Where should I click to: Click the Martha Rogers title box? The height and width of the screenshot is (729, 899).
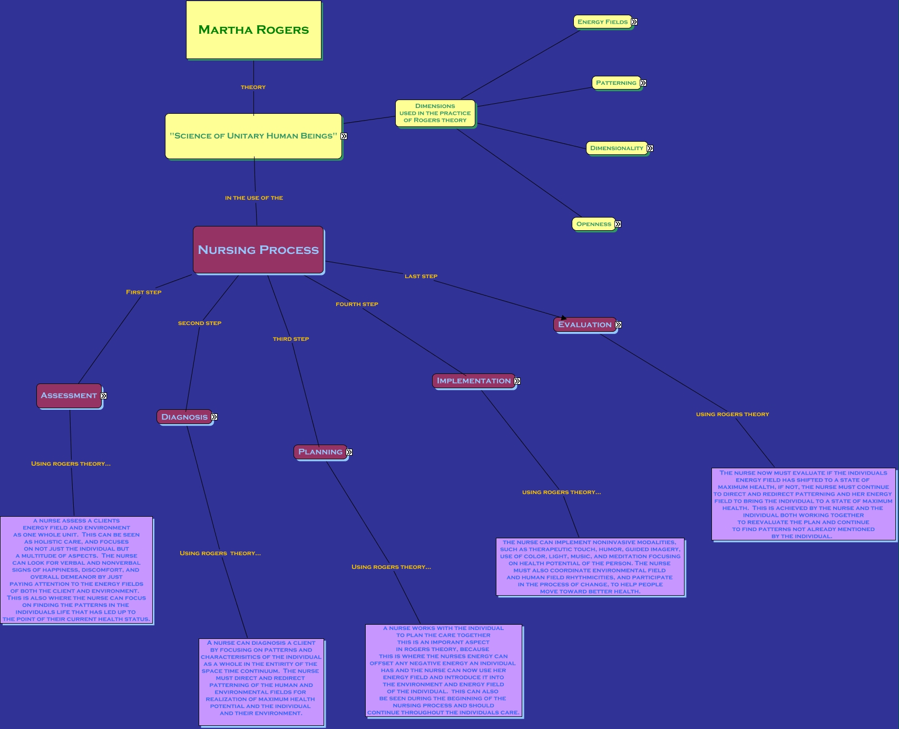253,30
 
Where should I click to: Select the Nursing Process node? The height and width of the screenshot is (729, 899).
258,250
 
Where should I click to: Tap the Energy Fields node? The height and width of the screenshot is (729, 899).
602,22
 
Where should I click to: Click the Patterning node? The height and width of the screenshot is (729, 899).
615,83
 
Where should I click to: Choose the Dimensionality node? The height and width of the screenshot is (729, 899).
617,148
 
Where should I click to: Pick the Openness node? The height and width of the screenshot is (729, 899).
593,224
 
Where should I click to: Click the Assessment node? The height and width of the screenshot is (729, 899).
69,396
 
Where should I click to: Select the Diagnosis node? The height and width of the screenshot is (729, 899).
184,417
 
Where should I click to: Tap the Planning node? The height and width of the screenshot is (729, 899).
320,452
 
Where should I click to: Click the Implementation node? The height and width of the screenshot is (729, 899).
473,381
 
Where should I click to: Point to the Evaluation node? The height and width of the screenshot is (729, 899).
584,324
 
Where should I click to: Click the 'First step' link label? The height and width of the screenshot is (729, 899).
143,292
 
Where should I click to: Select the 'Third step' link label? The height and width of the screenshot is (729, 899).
291,339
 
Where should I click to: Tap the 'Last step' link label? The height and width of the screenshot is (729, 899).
421,276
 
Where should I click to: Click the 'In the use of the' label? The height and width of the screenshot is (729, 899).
254,198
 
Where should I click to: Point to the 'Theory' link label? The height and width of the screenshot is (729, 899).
253,87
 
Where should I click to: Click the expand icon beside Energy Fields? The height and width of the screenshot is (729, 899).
634,22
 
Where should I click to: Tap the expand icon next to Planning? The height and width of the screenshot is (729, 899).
349,452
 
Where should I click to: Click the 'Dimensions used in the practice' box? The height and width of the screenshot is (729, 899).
435,113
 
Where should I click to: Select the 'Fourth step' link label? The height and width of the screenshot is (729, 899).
357,304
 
